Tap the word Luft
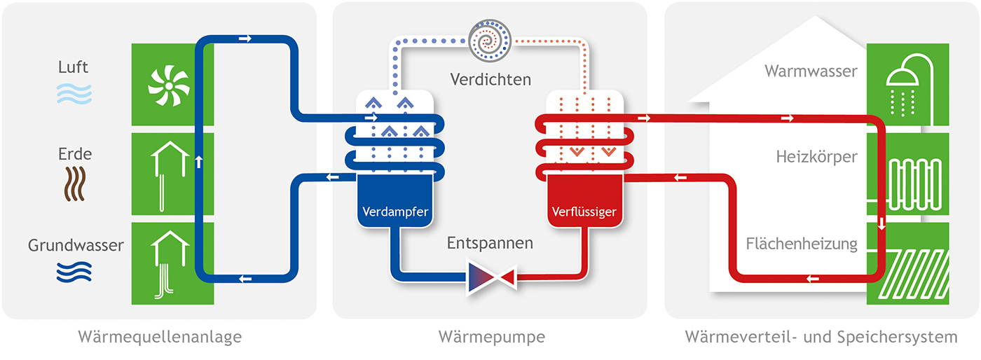[x=74, y=68]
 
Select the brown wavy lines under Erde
[x=74, y=184]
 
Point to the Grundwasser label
[x=76, y=246]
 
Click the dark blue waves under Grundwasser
[x=74, y=272]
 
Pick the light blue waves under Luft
[x=74, y=93]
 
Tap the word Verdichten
[x=490, y=79]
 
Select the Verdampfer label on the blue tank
[x=395, y=211]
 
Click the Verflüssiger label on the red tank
[x=585, y=211]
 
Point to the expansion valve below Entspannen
[x=490, y=275]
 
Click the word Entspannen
[x=490, y=244]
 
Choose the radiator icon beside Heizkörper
[x=908, y=184]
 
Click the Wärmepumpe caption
[x=491, y=338]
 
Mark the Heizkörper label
[x=816, y=157]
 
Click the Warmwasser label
[x=811, y=71]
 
